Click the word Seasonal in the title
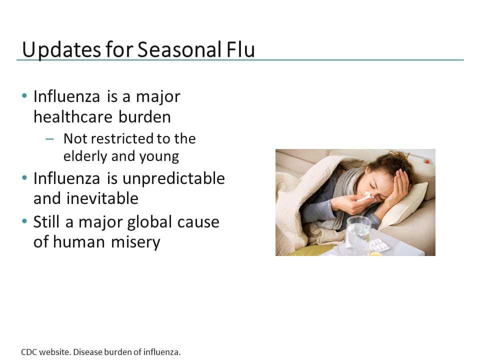coord(178,50)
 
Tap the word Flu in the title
coord(239,50)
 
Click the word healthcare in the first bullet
coord(73,116)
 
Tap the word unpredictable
coord(171,178)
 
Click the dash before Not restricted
coord(49,139)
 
